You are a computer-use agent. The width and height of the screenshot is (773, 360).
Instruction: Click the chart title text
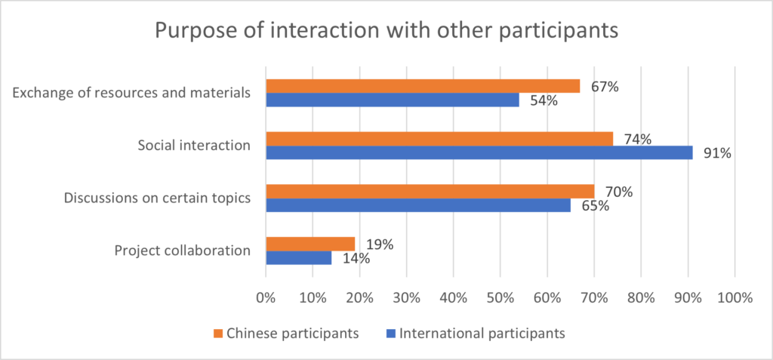[x=386, y=32]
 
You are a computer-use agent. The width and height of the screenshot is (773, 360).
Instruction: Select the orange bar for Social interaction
[x=439, y=138]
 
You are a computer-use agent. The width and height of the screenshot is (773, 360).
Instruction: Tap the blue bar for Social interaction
[x=479, y=152]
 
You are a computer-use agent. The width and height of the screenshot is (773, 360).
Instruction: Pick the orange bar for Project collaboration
[x=310, y=244]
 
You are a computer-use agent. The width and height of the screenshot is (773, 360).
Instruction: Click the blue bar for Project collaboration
[x=299, y=258]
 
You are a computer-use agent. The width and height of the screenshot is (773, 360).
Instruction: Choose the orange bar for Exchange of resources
[x=423, y=86]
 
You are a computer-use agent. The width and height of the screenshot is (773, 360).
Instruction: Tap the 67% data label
[x=604, y=87]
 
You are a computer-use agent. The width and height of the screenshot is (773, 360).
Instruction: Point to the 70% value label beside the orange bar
[x=618, y=192]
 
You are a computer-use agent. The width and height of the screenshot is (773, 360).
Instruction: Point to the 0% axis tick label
[x=266, y=298]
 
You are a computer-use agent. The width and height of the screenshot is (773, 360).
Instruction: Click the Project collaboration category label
[x=182, y=251]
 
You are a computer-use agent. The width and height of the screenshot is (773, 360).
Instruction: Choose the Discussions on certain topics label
[x=156, y=198]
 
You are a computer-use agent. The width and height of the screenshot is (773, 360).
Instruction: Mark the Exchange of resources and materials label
[x=131, y=94]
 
